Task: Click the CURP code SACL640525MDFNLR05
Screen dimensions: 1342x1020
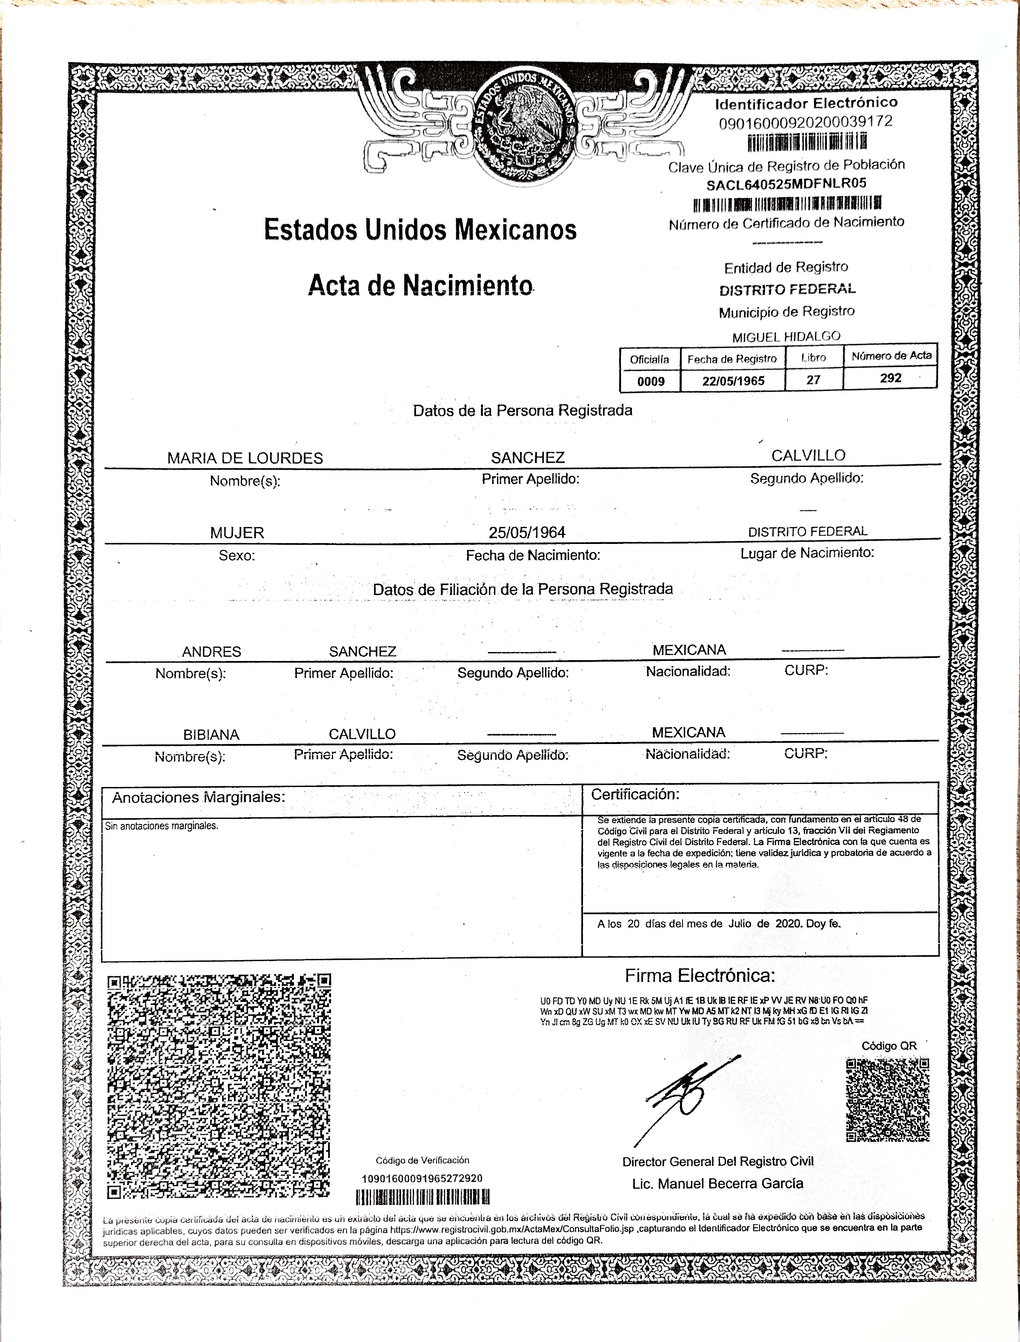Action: [786, 184]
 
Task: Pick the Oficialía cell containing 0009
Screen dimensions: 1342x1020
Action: [650, 381]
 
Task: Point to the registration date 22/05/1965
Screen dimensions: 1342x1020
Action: [733, 381]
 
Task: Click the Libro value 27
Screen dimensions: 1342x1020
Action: [814, 380]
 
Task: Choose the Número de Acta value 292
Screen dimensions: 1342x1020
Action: [891, 378]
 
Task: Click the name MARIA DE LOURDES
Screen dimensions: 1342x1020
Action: [245, 458]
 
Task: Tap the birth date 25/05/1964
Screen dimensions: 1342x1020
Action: [527, 532]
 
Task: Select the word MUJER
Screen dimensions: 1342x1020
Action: [237, 533]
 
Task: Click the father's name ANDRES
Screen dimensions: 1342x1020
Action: [211, 652]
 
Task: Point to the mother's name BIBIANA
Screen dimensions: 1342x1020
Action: [211, 735]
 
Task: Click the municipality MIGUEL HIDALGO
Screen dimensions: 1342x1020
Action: [786, 336]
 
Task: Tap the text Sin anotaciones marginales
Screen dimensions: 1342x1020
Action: [162, 826]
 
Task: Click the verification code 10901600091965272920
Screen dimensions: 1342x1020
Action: [422, 1178]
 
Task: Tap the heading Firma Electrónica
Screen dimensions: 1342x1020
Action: [700, 976]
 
